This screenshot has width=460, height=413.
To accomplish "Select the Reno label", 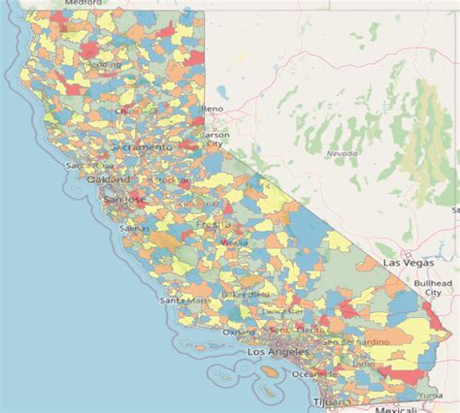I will coord(214,110).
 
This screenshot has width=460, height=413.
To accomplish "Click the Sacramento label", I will coord(143,146).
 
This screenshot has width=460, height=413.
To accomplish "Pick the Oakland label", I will coord(108,179).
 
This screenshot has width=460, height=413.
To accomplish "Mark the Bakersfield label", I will coord(245,293).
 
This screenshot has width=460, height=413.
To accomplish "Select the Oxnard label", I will coord(239,333).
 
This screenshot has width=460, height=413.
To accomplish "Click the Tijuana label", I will coord(323,402).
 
